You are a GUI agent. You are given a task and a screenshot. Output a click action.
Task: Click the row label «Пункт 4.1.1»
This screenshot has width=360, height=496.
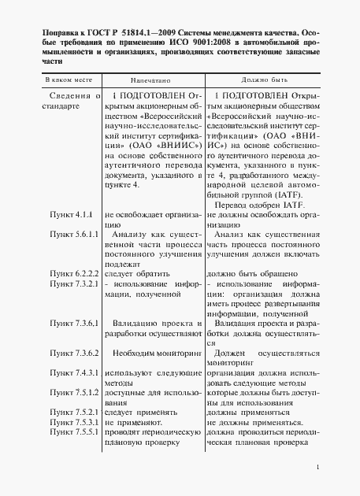72,214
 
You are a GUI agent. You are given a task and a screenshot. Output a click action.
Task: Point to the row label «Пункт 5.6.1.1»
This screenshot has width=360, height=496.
74,235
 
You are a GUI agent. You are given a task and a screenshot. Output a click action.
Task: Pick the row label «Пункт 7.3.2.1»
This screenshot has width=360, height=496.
74,283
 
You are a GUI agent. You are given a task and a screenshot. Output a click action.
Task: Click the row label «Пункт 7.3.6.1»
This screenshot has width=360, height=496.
74,324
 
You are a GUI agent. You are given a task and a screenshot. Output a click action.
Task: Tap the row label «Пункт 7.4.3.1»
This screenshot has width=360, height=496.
74,372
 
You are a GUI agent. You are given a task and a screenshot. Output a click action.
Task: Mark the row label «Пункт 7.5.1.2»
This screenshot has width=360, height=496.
74,392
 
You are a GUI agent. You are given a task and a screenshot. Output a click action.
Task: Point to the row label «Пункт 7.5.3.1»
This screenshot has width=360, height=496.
74,422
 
